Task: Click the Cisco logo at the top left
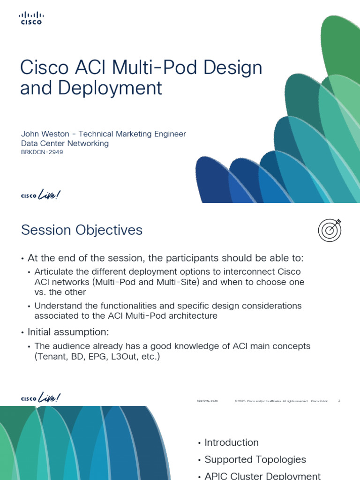[30, 18]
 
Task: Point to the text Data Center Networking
[65, 143]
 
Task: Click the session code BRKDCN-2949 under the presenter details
[42, 152]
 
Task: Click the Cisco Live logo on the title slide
[41, 195]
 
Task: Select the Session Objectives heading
[82, 230]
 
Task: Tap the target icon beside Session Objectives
[330, 230]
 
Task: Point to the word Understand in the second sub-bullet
[57, 306]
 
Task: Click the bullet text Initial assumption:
[68, 332]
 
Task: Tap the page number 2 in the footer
[339, 401]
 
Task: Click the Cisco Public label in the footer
[319, 401]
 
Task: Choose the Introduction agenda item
[231, 442]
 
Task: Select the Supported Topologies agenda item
[255, 459]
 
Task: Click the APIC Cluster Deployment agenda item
[262, 475]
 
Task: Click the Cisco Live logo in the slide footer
[41, 399]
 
